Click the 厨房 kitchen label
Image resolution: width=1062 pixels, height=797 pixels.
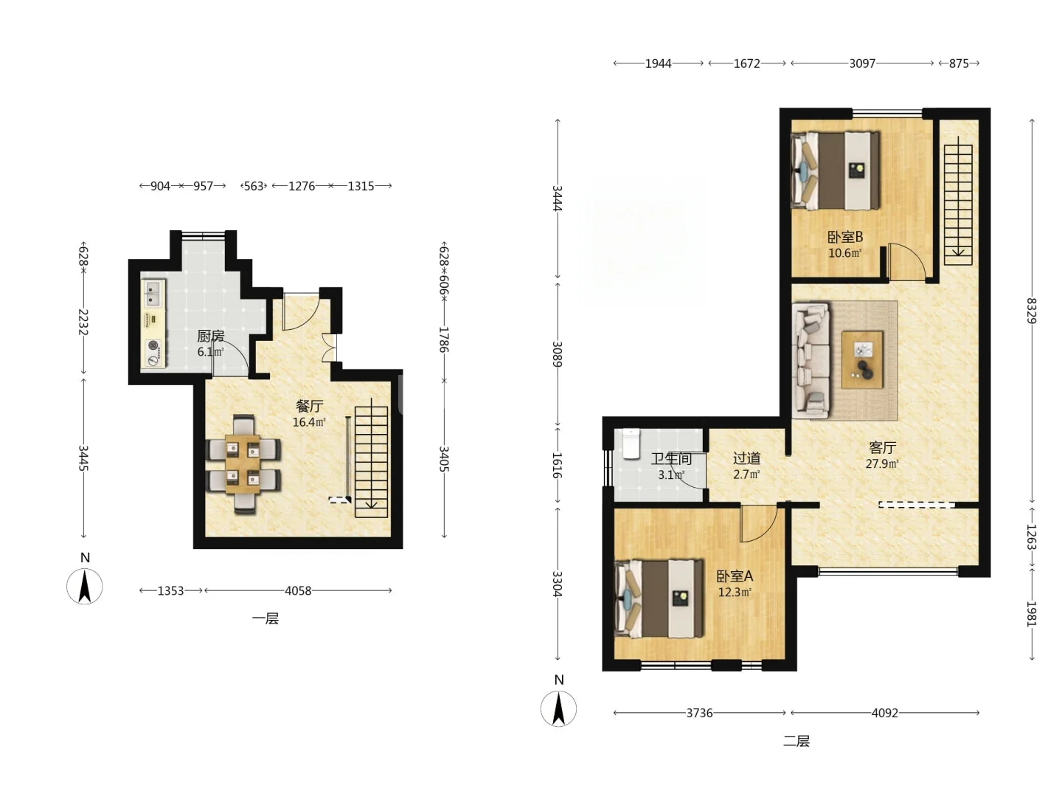point(210,335)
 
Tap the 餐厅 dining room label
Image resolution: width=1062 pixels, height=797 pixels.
point(309,406)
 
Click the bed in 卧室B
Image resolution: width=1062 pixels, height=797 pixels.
point(835,170)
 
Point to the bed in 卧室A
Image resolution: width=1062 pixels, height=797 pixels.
point(659,598)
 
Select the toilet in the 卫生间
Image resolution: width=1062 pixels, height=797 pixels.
point(631,444)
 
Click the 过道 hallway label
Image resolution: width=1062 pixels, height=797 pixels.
point(746,458)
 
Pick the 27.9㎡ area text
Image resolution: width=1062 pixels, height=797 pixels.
point(882,463)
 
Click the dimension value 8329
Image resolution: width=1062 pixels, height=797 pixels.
point(1032,311)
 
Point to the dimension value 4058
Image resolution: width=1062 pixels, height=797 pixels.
point(298,590)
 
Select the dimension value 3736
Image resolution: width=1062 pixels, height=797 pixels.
point(700,713)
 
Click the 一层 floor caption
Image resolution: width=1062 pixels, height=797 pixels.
point(265,618)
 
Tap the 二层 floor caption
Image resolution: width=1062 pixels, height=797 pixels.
point(796,741)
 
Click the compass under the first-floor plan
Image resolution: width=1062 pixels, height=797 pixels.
point(85,586)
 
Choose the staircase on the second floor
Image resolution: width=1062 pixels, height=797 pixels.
point(958,201)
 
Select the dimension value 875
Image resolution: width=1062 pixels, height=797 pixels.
point(959,63)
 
